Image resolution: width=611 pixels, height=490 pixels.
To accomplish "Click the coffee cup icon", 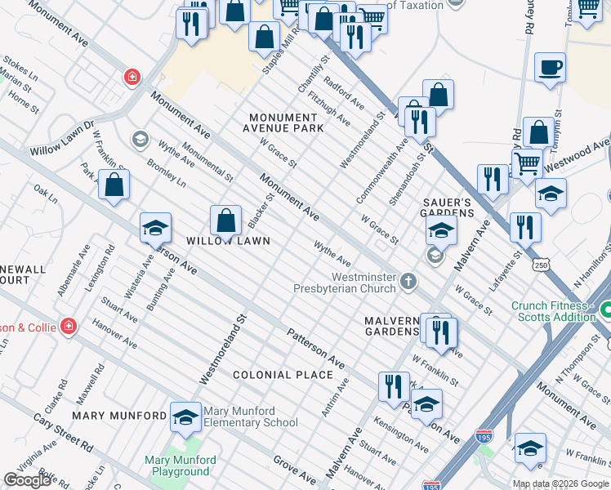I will (x=550, y=67).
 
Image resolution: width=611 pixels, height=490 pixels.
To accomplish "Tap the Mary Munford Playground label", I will (x=181, y=465).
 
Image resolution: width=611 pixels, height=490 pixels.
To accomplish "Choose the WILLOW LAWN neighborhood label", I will (x=227, y=241).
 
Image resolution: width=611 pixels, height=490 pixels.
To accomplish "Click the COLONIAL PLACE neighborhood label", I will (x=283, y=375).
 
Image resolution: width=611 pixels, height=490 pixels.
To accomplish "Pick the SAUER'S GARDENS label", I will (x=448, y=207).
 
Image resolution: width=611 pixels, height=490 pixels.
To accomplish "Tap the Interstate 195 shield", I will (x=484, y=437).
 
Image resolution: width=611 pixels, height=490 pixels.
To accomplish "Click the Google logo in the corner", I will (x=27, y=480).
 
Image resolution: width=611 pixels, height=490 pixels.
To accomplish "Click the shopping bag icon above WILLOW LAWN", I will (x=225, y=220).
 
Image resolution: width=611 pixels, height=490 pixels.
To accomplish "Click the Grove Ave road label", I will (x=294, y=471).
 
